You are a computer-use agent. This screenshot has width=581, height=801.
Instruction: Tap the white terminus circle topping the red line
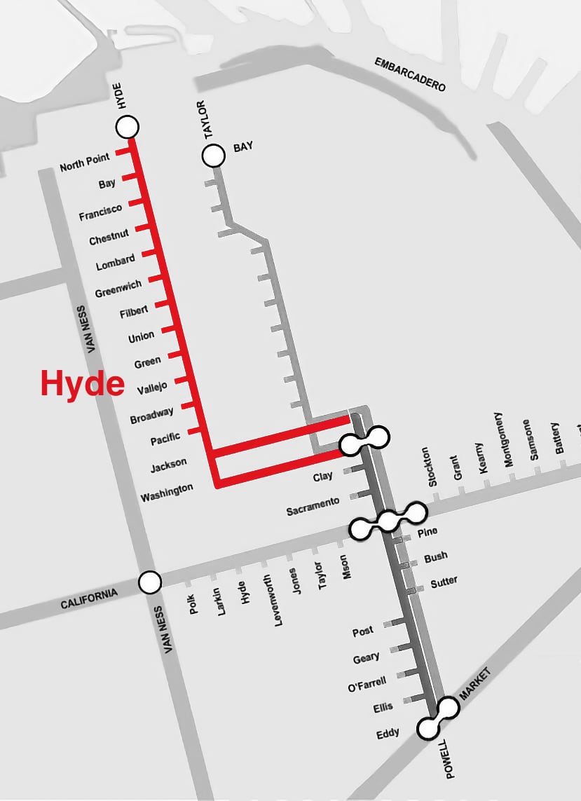click(127, 127)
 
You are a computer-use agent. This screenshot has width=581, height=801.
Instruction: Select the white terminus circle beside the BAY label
click(212, 156)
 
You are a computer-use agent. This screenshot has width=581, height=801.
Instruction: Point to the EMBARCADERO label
click(410, 74)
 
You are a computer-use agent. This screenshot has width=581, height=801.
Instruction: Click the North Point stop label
click(85, 165)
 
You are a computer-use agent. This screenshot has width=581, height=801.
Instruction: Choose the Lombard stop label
click(116, 263)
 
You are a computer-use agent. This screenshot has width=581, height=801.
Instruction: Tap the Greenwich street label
click(118, 288)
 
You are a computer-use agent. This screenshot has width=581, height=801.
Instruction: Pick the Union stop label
click(141, 337)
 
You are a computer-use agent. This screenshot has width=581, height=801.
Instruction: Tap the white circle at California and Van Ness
click(149, 582)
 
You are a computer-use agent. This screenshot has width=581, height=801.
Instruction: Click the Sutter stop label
click(444, 581)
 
